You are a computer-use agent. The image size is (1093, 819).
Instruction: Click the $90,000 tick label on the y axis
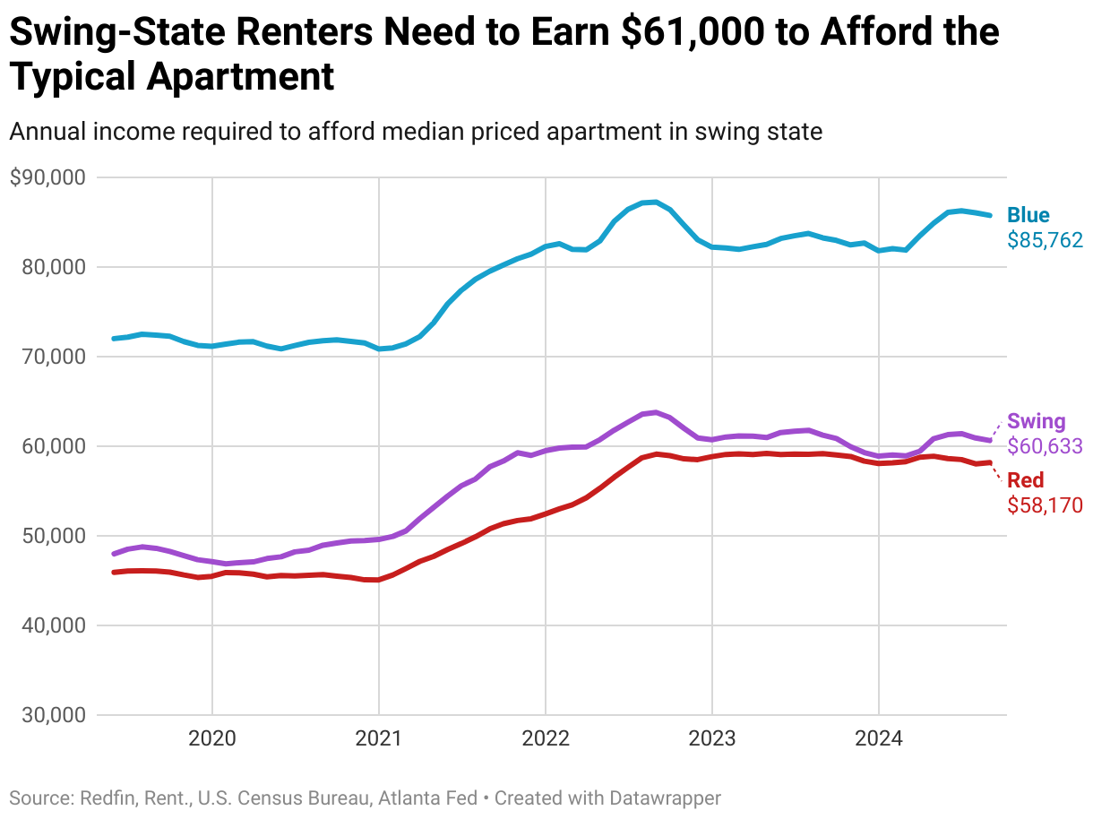(x=47, y=177)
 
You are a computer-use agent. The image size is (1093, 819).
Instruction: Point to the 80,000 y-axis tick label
(x=54, y=267)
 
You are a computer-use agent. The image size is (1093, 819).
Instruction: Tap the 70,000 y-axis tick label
(x=54, y=357)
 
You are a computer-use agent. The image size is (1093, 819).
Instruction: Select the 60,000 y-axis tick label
(x=54, y=446)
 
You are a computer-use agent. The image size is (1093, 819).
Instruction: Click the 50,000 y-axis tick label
(x=54, y=536)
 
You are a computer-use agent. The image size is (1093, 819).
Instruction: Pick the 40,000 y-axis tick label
(x=54, y=625)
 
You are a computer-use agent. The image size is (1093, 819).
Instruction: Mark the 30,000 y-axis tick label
(x=54, y=715)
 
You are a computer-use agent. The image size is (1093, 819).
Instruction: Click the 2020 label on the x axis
(x=212, y=739)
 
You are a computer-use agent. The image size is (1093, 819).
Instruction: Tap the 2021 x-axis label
(x=379, y=739)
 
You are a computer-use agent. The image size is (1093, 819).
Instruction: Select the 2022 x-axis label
(x=545, y=739)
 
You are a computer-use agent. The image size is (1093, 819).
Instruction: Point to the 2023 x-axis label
(x=711, y=739)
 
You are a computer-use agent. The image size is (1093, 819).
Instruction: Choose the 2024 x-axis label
(x=878, y=739)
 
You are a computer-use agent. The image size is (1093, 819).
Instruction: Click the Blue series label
(x=1028, y=215)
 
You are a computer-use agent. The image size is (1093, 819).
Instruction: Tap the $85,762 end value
(x=1045, y=240)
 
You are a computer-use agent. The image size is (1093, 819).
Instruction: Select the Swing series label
(x=1037, y=421)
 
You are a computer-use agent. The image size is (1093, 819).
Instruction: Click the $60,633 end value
(x=1045, y=446)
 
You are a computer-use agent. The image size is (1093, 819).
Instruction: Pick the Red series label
(x=1026, y=480)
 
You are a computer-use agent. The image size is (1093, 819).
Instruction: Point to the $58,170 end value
(x=1045, y=505)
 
